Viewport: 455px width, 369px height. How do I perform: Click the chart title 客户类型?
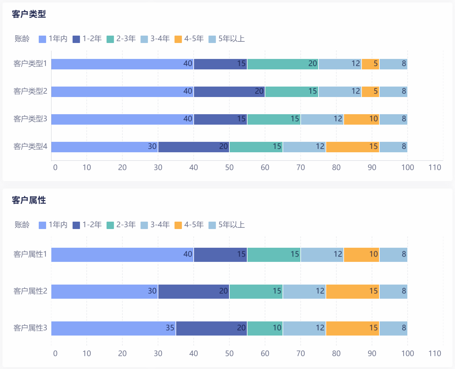click(x=29, y=14)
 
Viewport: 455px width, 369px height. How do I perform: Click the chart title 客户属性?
click(x=29, y=200)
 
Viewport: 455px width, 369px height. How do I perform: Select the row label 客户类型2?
click(x=30, y=91)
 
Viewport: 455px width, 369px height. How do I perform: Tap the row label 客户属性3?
click(x=30, y=328)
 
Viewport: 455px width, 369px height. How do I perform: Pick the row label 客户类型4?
click(x=30, y=146)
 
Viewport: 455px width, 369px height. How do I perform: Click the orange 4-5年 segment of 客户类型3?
click(x=362, y=119)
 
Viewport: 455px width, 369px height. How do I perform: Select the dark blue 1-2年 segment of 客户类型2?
click(x=229, y=91)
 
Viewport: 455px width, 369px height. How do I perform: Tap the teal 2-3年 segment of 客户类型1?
click(x=283, y=64)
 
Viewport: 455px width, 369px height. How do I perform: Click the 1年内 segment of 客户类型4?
click(x=105, y=147)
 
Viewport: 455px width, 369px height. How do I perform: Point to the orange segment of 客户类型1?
click(x=370, y=64)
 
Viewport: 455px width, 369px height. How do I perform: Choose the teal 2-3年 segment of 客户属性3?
click(x=265, y=328)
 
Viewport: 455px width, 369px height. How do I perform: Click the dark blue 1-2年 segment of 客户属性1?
click(x=220, y=254)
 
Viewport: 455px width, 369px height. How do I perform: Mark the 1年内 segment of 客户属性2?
click(x=105, y=291)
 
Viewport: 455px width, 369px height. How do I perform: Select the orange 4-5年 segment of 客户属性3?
click(x=353, y=328)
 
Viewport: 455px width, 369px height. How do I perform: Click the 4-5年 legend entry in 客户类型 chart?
click(x=189, y=39)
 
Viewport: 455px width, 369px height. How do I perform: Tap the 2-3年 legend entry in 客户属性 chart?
click(x=121, y=225)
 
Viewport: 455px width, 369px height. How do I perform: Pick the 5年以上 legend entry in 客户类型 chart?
click(x=227, y=39)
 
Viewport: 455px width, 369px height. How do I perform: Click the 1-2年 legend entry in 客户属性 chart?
click(x=87, y=225)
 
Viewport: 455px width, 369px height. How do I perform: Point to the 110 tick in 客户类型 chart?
click(x=435, y=167)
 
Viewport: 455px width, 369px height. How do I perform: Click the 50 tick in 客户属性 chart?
click(x=229, y=353)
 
